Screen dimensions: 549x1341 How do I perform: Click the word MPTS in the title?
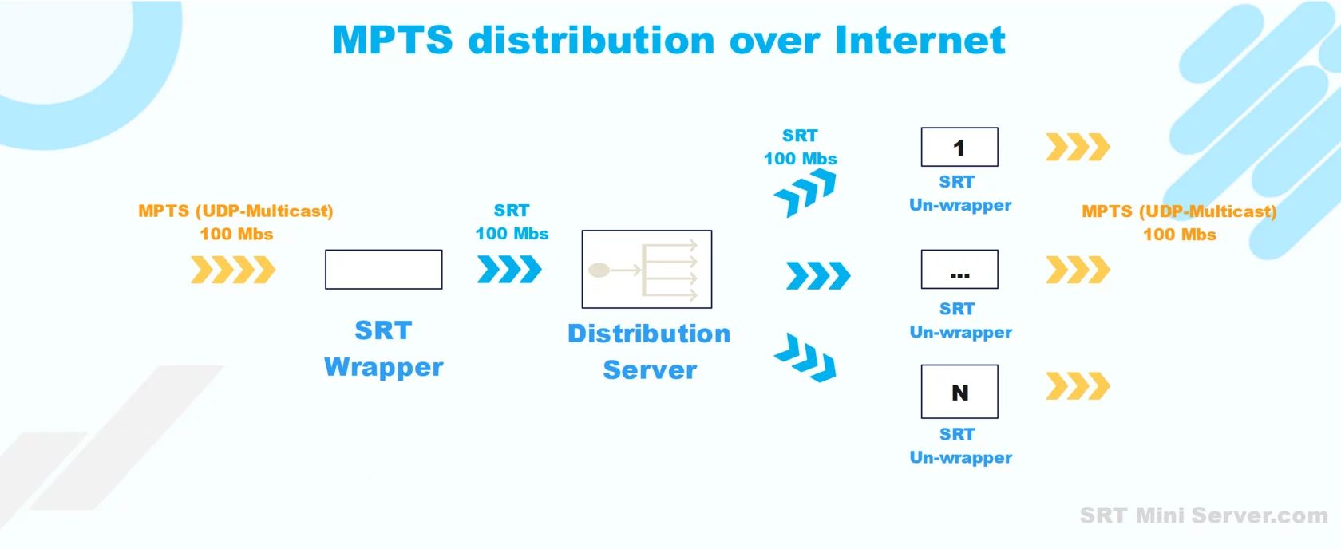tap(392, 41)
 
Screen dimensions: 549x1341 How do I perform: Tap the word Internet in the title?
tap(920, 41)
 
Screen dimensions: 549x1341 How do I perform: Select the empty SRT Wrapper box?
tap(383, 270)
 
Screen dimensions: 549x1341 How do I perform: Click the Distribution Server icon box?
tap(647, 270)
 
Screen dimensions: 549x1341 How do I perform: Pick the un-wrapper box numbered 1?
tap(959, 148)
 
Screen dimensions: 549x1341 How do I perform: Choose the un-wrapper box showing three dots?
tap(959, 270)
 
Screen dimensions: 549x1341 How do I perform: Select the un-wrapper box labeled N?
tap(959, 392)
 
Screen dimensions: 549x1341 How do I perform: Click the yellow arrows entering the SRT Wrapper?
tap(233, 270)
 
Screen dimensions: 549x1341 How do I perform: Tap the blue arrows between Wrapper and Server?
tap(509, 270)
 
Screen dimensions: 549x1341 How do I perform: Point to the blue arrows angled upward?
tap(805, 194)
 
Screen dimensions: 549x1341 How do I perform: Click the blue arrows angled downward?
tap(805, 357)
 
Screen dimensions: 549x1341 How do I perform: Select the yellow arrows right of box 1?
tap(1078, 148)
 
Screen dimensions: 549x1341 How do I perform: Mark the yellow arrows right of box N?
tap(1078, 386)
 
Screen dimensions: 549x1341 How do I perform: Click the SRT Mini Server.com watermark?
tap(1203, 515)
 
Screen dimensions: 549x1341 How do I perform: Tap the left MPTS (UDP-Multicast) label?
tap(235, 211)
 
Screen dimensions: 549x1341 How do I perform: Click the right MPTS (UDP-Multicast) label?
tap(1179, 211)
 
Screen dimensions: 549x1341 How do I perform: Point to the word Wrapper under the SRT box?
tap(383, 367)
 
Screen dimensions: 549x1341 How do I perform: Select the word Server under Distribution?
tap(650, 370)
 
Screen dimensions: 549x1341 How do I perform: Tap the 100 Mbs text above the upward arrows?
tap(800, 159)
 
